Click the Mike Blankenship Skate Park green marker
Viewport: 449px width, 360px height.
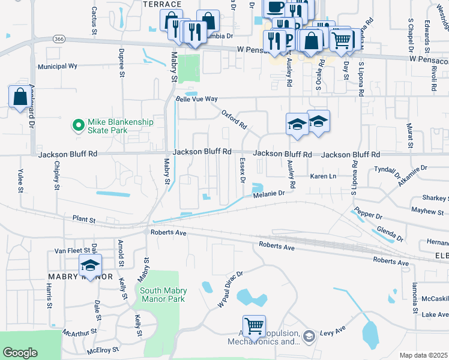(x=77, y=125)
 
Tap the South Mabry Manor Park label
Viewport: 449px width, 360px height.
(x=163, y=294)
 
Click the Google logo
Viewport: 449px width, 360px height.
(x=20, y=353)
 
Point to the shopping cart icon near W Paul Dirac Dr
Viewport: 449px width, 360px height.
(x=254, y=326)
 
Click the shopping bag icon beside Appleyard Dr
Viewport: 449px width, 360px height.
(x=19, y=96)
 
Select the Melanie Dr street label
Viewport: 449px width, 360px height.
(x=268, y=193)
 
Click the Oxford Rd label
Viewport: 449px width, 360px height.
(x=234, y=119)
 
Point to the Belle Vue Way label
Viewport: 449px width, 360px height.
(x=196, y=99)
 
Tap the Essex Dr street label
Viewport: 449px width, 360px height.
(x=242, y=170)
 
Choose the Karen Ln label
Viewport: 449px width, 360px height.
(x=323, y=176)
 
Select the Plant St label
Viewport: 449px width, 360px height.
(x=84, y=220)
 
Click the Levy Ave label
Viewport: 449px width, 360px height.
(x=334, y=332)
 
